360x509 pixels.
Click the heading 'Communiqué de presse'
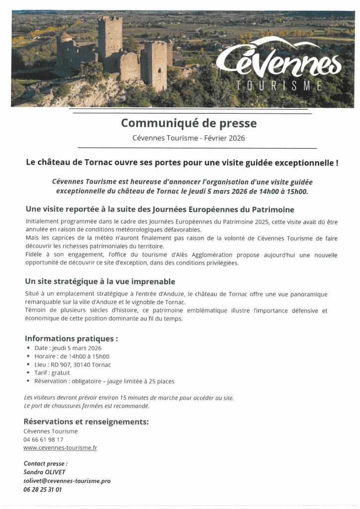pyautogui.click(x=189, y=122)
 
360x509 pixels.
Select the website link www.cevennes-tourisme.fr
pyautogui.click(x=60, y=447)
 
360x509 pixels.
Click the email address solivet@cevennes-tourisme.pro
pyautogui.click(x=67, y=481)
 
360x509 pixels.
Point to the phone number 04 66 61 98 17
pyautogui.click(x=43, y=439)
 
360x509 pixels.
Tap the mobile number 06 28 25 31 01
pyautogui.click(x=43, y=489)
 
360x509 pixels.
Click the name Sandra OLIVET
pyautogui.click(x=44, y=472)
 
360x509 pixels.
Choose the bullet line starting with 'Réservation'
pyautogui.click(x=104, y=381)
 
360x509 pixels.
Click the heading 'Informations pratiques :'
pyautogui.click(x=71, y=339)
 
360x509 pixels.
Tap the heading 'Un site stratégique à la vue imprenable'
pyautogui.click(x=100, y=281)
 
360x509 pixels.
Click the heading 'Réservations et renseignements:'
pyautogui.click(x=86, y=422)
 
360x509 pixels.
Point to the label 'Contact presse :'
pyautogui.click(x=46, y=464)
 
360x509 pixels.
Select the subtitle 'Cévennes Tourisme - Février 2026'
pyautogui.click(x=188, y=138)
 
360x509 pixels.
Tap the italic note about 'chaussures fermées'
pyautogui.click(x=87, y=406)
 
